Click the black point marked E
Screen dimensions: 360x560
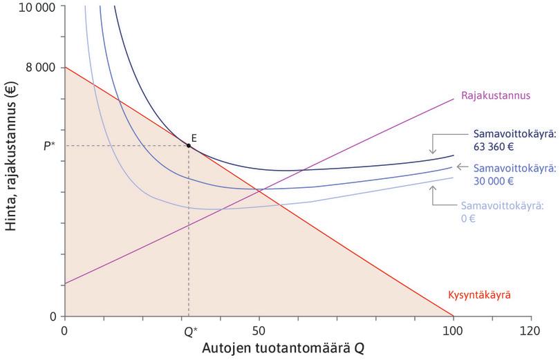click(189, 146)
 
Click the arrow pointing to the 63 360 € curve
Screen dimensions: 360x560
click(433, 142)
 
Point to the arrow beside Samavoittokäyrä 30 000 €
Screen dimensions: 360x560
click(462, 168)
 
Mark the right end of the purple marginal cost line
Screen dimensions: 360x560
click(454, 98)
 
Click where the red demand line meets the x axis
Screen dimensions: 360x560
click(453, 316)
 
